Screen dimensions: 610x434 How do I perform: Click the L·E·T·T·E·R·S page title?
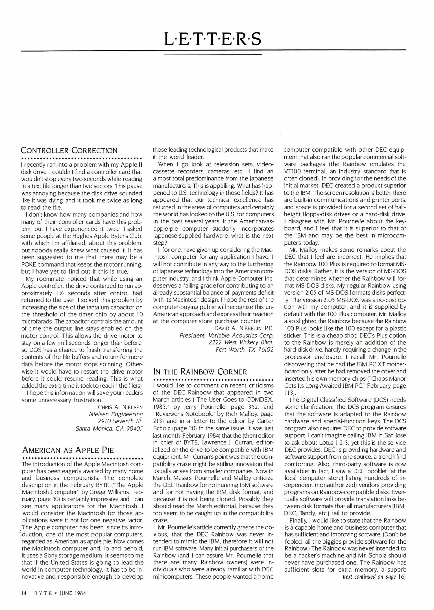[213, 39]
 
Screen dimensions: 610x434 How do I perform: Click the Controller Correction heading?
[69, 150]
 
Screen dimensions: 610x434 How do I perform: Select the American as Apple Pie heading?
[68, 450]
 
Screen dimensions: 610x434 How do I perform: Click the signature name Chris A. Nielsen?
[120, 407]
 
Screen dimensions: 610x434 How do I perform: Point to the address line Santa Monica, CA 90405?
[109, 428]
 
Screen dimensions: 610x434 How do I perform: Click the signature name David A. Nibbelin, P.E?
[244, 328]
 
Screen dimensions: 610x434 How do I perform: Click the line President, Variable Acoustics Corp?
[226, 335]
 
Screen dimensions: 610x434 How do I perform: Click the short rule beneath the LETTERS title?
[213, 55]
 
